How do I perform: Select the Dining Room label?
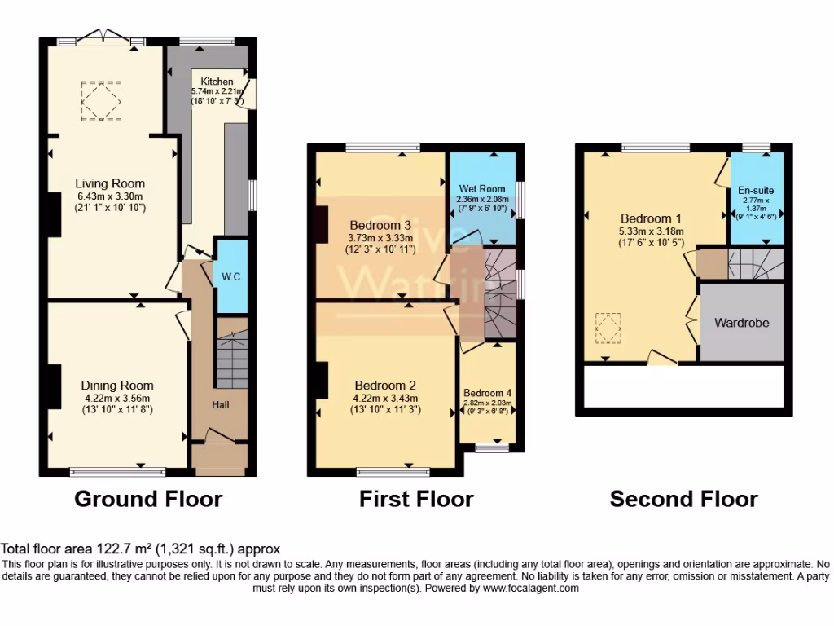pyautogui.click(x=116, y=386)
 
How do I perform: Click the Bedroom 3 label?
pyautogui.click(x=380, y=225)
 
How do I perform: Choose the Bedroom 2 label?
pyautogui.click(x=385, y=386)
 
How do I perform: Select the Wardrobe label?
pyautogui.click(x=741, y=323)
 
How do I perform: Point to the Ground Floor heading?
pyautogui.click(x=148, y=499)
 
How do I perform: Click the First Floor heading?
pyautogui.click(x=416, y=499)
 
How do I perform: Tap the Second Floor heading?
pyautogui.click(x=684, y=499)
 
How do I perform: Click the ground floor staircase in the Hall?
pyautogui.click(x=230, y=359)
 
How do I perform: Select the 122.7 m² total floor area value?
pyautogui.click(x=119, y=550)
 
